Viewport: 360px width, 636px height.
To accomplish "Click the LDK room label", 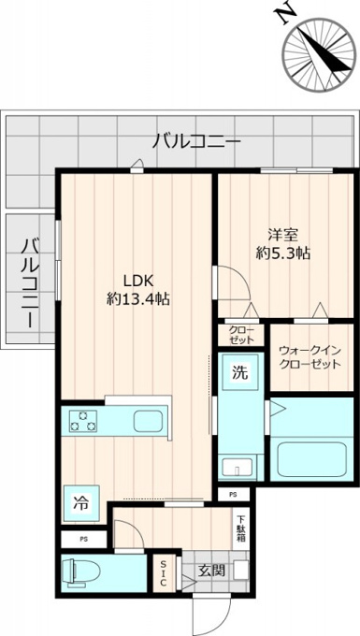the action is (137, 281).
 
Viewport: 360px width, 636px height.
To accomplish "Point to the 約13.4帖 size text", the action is (137, 299).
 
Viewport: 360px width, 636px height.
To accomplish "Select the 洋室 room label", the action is (283, 235).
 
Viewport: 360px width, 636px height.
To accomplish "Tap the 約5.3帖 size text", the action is (283, 253).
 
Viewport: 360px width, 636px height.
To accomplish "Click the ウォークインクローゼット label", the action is (310, 357).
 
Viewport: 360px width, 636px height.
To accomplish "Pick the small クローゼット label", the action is (241, 334).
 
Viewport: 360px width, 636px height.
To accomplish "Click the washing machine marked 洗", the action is (240, 371).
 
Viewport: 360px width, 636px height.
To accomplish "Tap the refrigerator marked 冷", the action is (80, 503).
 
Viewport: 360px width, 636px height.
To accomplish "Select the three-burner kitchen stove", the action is (83, 421).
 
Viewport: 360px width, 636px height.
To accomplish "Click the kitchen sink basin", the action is (148, 421).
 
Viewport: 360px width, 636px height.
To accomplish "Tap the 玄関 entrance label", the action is (211, 571).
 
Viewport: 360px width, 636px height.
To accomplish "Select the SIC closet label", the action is (163, 573).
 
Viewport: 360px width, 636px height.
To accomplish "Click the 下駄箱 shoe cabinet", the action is (240, 528).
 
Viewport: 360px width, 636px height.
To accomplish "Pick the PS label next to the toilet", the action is (83, 540).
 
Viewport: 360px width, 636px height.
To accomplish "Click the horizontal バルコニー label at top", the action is (196, 142).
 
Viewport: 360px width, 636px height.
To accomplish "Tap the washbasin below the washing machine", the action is (237, 467).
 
